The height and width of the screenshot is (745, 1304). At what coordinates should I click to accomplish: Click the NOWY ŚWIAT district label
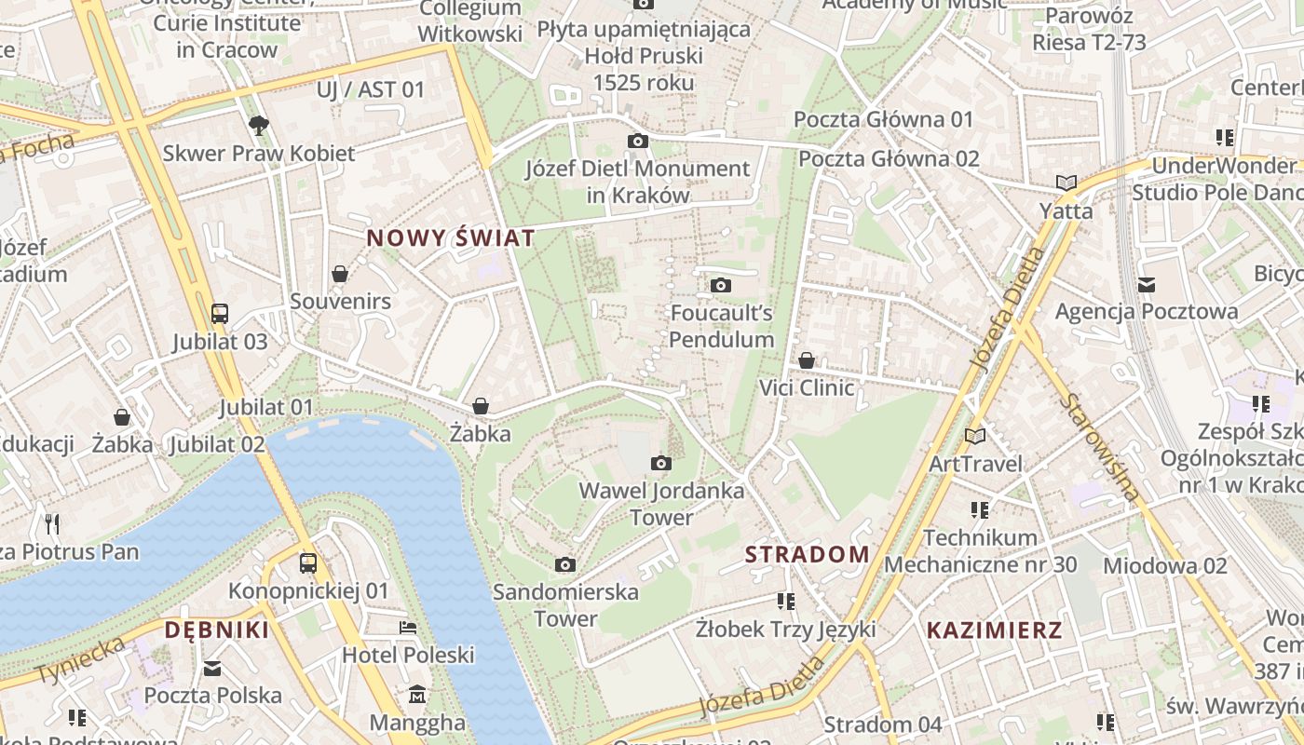click(451, 238)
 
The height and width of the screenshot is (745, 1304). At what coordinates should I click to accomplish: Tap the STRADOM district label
click(807, 555)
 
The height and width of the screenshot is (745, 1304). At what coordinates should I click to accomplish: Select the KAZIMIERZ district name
click(994, 630)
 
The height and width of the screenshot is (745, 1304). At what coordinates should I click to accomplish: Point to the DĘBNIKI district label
click(217, 630)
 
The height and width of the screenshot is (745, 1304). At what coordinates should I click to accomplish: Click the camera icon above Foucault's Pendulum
click(721, 285)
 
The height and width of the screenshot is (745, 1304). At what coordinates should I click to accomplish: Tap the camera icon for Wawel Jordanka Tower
click(661, 463)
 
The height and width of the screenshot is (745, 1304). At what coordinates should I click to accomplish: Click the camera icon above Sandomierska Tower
click(565, 564)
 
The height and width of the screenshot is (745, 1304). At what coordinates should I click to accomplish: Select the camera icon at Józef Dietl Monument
click(638, 141)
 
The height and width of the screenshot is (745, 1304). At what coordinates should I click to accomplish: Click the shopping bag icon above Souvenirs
click(340, 274)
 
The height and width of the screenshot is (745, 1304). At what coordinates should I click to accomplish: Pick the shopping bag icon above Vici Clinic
click(807, 359)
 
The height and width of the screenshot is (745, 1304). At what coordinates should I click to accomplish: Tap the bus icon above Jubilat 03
click(220, 313)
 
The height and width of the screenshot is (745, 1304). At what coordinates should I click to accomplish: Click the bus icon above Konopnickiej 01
click(308, 562)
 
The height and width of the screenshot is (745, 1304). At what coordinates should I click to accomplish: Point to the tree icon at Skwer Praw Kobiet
click(259, 125)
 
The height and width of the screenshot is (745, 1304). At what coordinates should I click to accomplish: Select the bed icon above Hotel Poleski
click(408, 627)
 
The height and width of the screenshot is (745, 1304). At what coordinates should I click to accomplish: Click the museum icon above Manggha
click(417, 694)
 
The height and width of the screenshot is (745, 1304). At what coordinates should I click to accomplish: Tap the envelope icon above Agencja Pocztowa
click(1146, 283)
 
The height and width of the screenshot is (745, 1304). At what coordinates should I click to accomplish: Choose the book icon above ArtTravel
click(975, 435)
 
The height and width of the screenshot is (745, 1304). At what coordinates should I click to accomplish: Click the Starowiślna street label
click(1100, 448)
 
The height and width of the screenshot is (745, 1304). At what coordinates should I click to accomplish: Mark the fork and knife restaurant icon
click(52, 523)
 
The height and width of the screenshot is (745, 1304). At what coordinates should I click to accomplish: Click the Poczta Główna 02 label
click(889, 158)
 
